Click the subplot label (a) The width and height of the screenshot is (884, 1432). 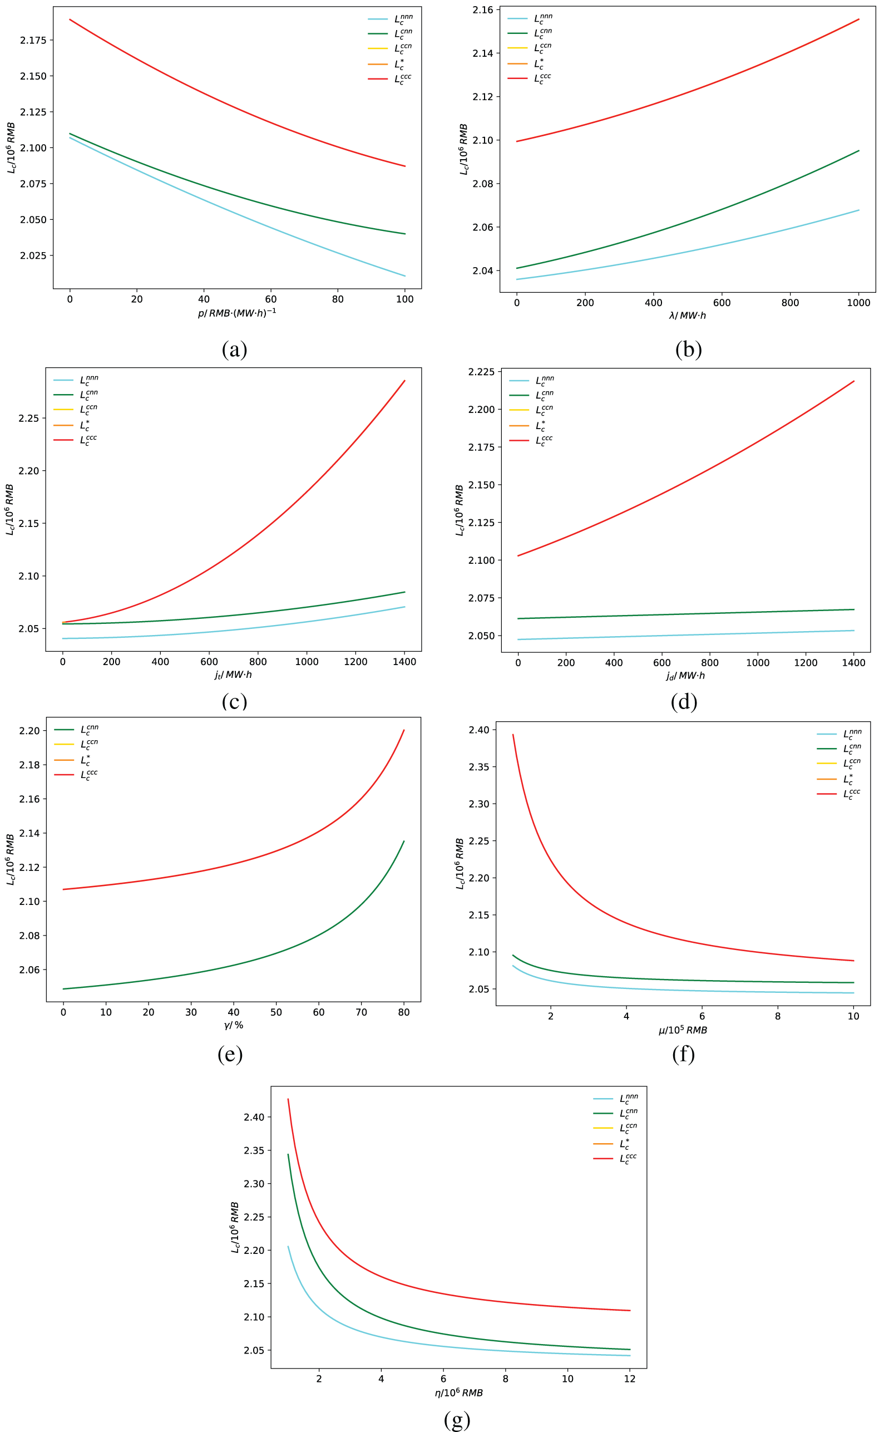tap(234, 349)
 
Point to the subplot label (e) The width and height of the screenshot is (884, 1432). tap(230, 1054)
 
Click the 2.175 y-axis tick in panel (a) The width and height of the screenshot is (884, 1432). tap(33, 40)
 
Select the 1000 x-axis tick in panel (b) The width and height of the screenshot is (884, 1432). tap(858, 303)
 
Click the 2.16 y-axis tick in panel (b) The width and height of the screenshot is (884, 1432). tap(482, 10)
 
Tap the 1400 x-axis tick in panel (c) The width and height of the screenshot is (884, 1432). tap(404, 662)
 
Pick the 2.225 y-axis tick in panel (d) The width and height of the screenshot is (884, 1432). tap(481, 372)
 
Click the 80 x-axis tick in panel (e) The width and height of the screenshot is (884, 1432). tap(403, 1012)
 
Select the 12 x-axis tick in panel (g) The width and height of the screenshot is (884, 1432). tap(630, 1379)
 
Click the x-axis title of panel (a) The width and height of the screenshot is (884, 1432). tap(237, 313)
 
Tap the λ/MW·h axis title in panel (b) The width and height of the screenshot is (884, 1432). tap(688, 316)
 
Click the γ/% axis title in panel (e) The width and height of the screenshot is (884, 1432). tap(233, 1025)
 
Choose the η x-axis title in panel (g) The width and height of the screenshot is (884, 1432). tap(459, 1393)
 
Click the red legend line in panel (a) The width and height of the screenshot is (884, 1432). tap(378, 79)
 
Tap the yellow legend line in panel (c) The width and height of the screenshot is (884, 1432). tap(63, 409)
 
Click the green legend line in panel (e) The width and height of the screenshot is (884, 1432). tap(64, 730)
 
